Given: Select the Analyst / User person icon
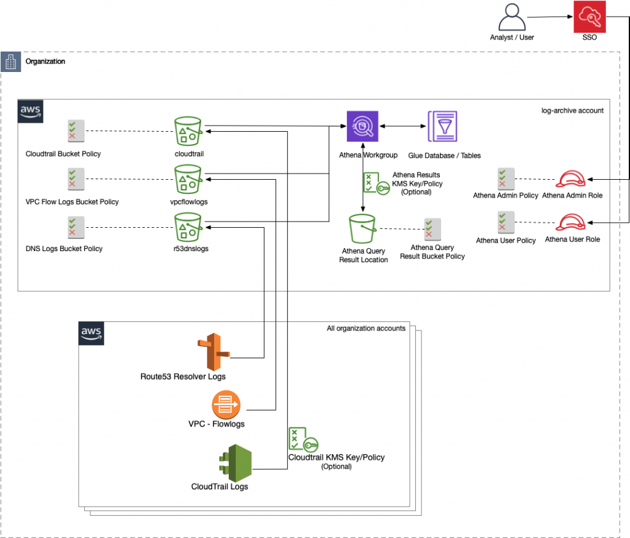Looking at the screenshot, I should click(x=512, y=16).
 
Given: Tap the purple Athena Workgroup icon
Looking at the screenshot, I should click(x=362, y=127).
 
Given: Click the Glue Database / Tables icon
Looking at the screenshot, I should click(x=442, y=127).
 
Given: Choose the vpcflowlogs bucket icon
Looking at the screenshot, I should click(x=188, y=179).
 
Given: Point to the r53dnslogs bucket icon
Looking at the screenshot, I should click(x=188, y=227).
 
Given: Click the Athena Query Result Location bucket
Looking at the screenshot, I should click(x=364, y=229).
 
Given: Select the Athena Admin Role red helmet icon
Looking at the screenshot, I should click(x=572, y=179).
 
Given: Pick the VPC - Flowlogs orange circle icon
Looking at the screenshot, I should click(x=226, y=404).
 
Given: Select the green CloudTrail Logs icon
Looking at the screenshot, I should click(x=236, y=462).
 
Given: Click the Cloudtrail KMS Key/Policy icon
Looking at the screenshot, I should click(x=303, y=439).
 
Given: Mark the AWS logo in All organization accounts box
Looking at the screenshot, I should click(x=90, y=333).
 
